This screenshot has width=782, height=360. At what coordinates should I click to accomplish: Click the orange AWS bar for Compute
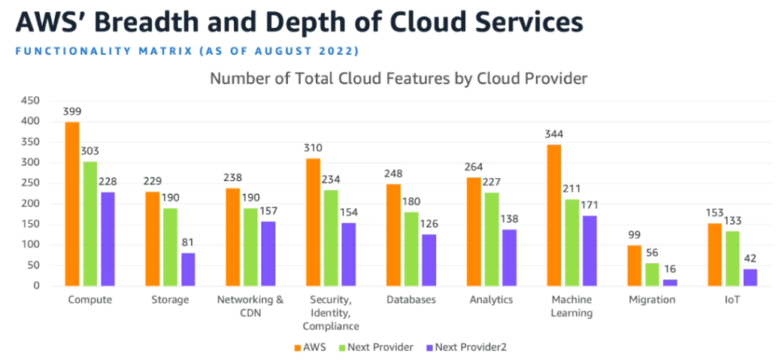coord(72,204)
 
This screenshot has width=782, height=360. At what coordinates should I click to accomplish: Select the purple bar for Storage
coord(188,269)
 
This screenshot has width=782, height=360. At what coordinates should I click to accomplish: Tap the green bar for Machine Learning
coord(573,242)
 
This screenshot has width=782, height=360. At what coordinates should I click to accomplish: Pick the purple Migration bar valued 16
coord(669,283)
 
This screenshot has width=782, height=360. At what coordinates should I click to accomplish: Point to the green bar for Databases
coord(411,249)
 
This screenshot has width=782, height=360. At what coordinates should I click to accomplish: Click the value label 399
coord(72,113)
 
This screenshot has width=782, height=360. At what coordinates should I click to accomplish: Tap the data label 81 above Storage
coord(188,244)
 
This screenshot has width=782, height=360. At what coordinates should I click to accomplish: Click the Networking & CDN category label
coord(250,306)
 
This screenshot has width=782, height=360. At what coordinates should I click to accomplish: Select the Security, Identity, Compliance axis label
coord(331,313)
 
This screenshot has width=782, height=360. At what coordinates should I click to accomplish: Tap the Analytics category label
coord(492,300)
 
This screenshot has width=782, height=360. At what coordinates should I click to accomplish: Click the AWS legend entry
coord(309,346)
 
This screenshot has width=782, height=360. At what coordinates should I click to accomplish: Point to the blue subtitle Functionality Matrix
coord(186,51)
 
